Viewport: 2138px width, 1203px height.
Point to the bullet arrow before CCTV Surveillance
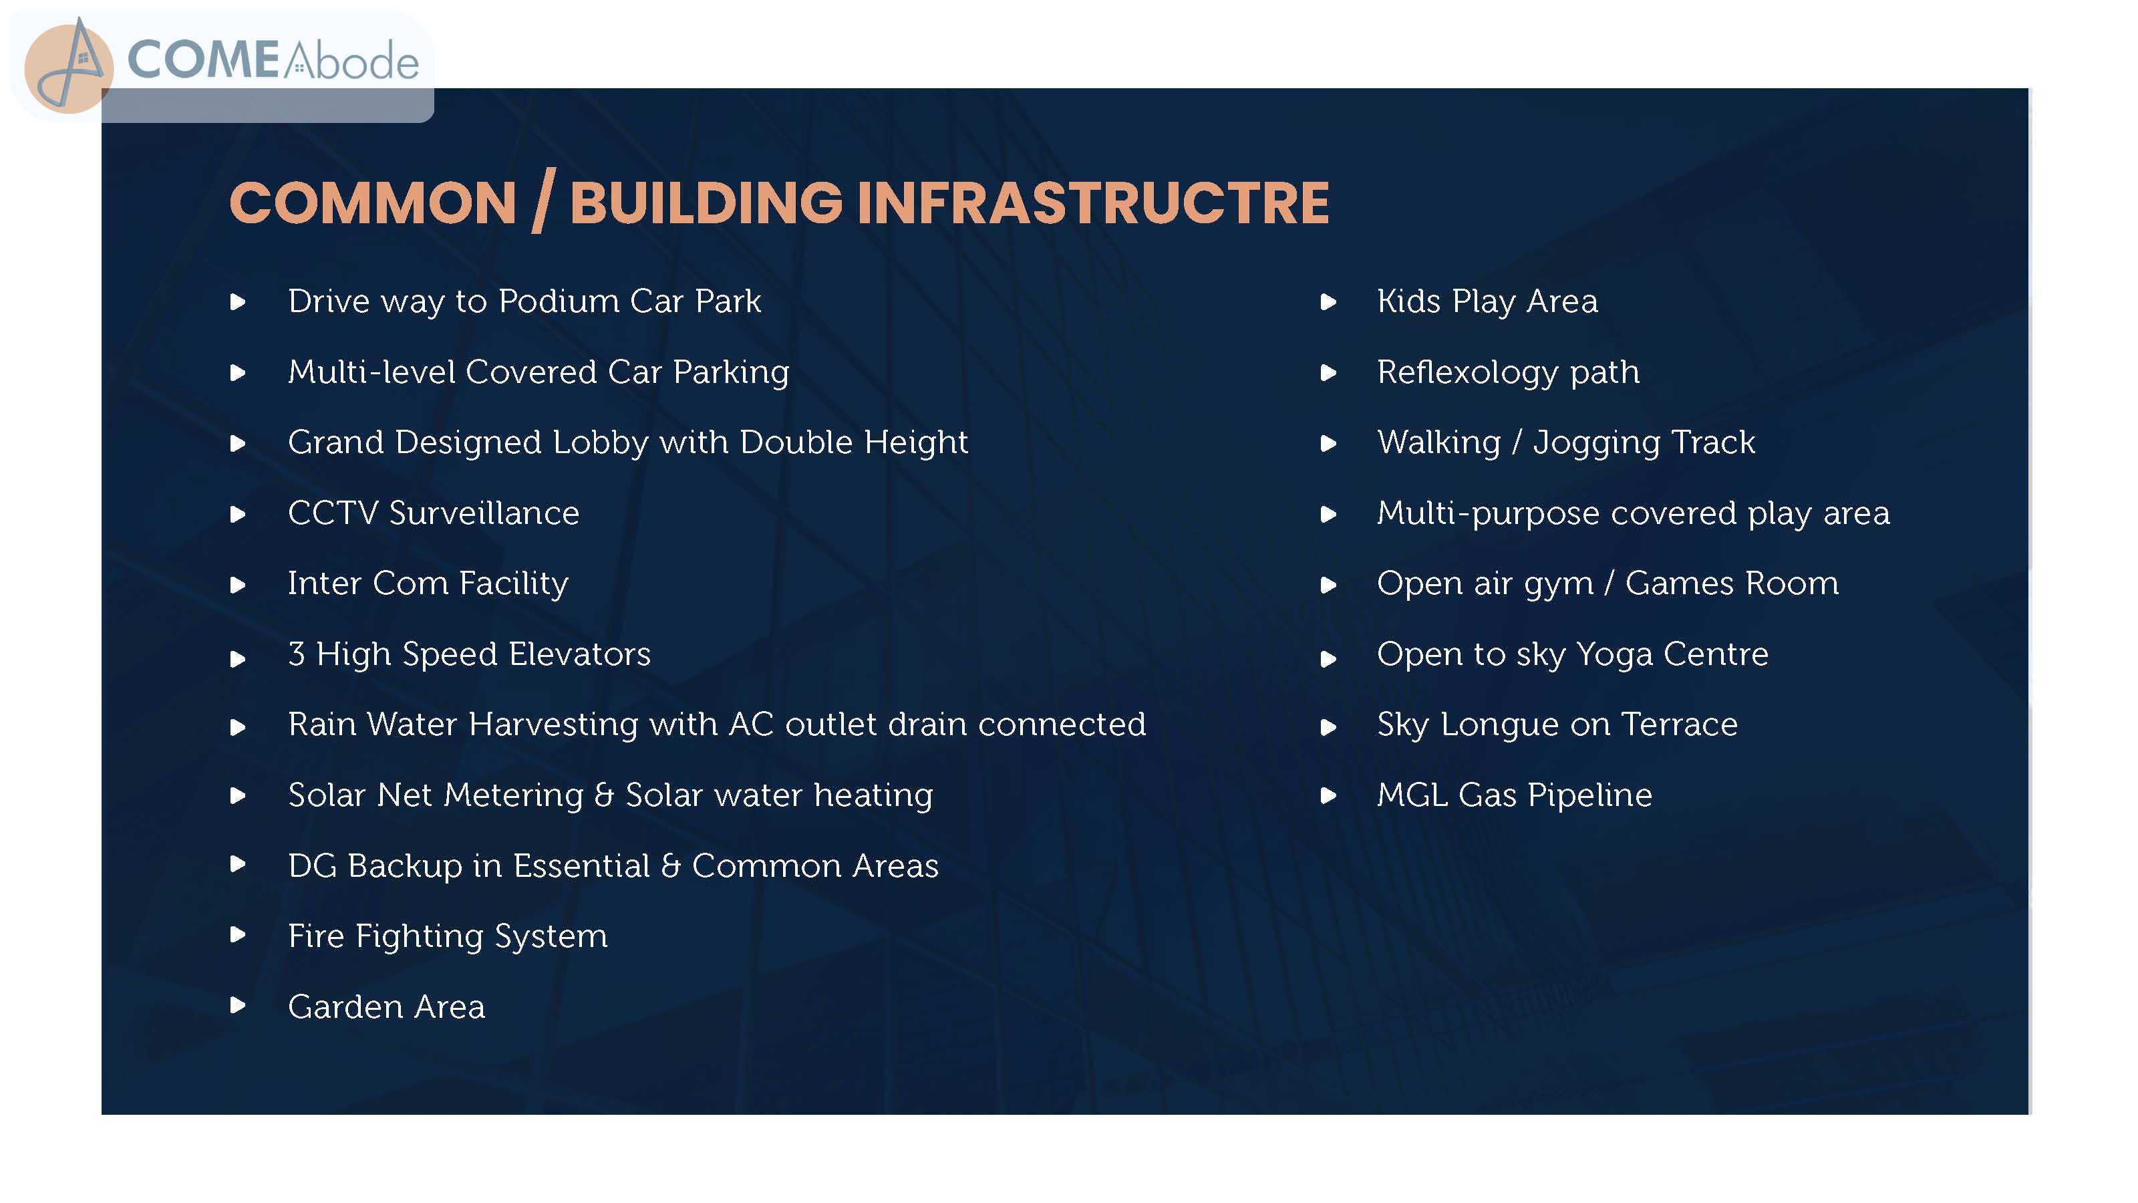pos(239,515)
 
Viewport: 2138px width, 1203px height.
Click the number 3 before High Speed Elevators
pos(296,654)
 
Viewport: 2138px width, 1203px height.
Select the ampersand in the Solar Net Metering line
pos(604,795)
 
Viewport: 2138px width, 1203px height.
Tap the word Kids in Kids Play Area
pos(1408,301)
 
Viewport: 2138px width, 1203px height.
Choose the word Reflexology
pos(1467,372)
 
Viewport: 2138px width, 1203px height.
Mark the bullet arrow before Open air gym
pos(1329,585)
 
